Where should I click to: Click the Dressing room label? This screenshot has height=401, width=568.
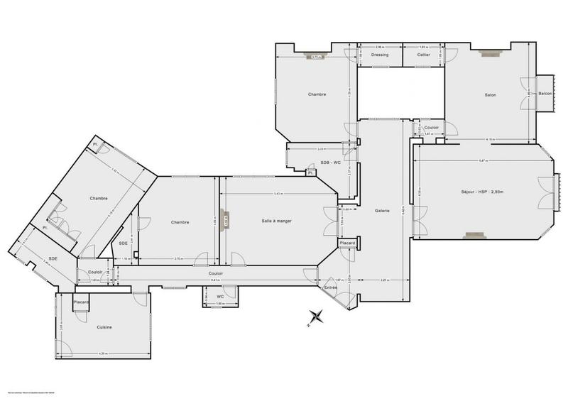click(x=379, y=55)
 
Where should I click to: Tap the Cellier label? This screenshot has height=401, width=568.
click(x=424, y=55)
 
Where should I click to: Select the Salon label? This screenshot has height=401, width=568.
click(x=490, y=95)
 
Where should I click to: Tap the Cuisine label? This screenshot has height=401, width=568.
click(x=104, y=326)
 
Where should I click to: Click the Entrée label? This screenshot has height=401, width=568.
click(x=331, y=287)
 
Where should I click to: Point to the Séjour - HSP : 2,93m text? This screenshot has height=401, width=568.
click(x=481, y=192)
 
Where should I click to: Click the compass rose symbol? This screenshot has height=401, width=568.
click(x=316, y=317)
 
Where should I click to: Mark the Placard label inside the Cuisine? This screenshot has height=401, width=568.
click(x=82, y=302)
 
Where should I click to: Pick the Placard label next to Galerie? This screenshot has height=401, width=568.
click(x=347, y=243)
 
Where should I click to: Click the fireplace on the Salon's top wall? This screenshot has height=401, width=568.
click(x=489, y=53)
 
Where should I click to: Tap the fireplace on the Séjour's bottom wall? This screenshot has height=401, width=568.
click(x=474, y=235)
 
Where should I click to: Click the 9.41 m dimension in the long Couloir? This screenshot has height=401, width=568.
click(x=217, y=280)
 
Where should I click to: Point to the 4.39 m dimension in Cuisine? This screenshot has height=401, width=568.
click(x=104, y=353)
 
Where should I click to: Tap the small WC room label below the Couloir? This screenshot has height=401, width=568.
click(x=220, y=296)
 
